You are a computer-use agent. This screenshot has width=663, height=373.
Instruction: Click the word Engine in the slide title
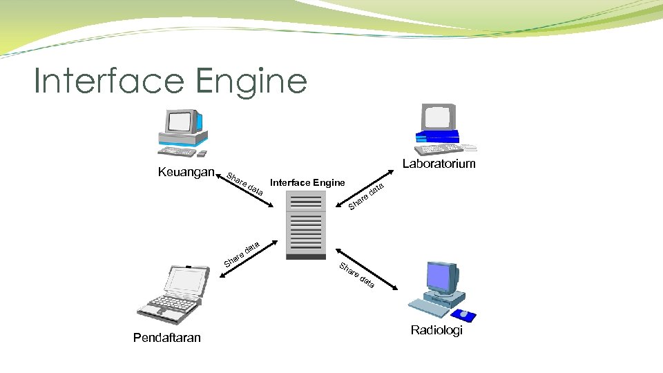(x=251, y=82)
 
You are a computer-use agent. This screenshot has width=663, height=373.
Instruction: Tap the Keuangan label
(x=186, y=171)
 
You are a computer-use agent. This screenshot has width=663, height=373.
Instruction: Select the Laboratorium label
(x=439, y=164)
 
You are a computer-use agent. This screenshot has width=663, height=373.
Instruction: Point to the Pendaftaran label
(x=167, y=337)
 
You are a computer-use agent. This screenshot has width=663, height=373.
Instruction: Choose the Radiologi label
(x=436, y=330)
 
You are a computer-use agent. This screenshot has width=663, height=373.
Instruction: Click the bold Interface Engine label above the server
(x=307, y=182)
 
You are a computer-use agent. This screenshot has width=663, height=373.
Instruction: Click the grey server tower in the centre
(x=306, y=225)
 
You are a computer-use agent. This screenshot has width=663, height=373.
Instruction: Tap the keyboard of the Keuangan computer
(x=178, y=151)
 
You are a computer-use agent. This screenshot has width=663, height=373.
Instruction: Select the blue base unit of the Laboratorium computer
(x=436, y=136)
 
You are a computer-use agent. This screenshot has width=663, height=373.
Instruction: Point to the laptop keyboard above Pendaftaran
(x=166, y=305)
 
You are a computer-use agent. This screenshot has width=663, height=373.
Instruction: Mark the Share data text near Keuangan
(x=244, y=183)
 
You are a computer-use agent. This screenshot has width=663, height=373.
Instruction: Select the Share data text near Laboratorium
(x=366, y=196)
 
